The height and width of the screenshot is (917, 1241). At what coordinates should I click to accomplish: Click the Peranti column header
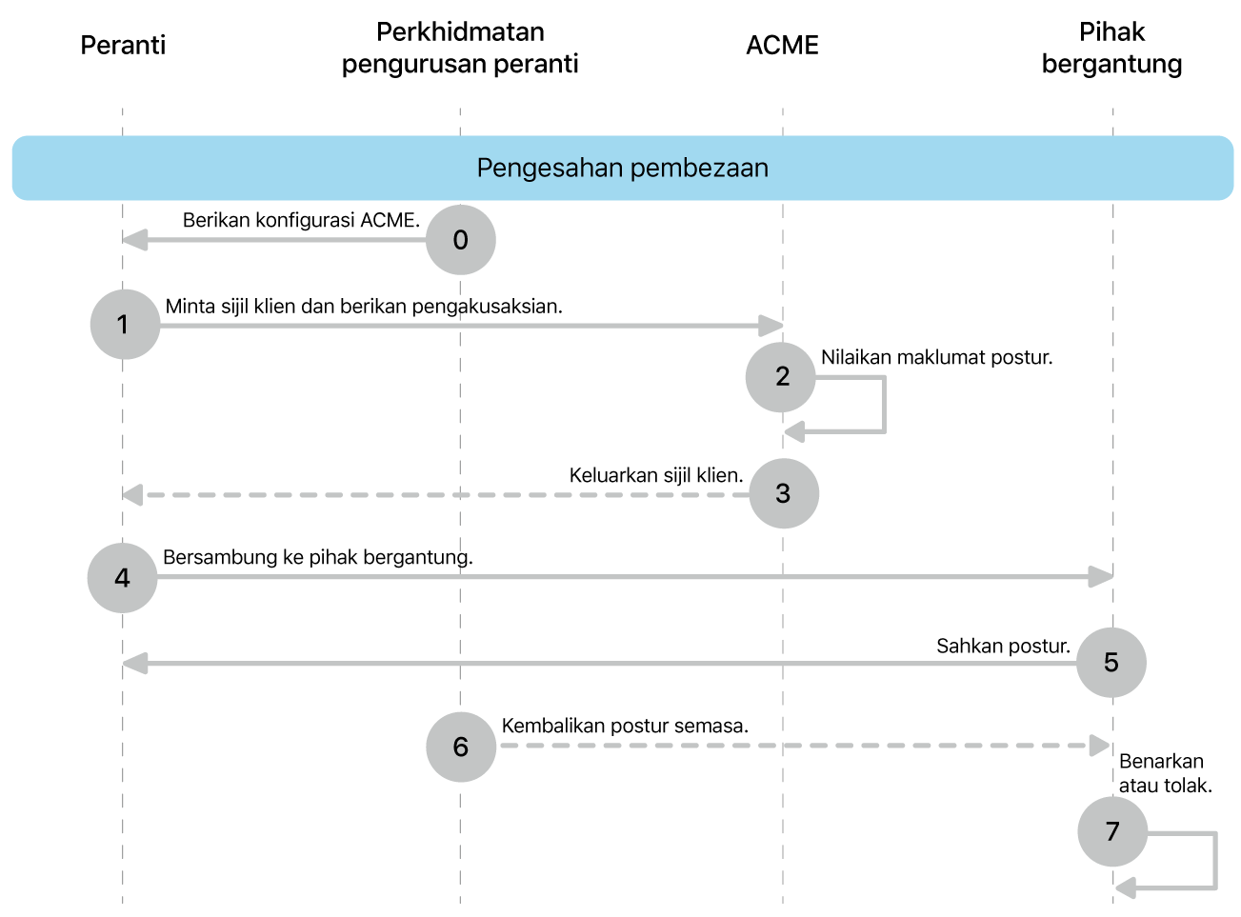(x=123, y=46)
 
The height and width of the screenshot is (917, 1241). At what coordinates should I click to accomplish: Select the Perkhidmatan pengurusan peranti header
(x=460, y=48)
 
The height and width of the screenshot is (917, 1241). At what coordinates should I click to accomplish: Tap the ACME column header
(x=782, y=46)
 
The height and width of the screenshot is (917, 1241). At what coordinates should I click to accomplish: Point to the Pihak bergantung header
(x=1111, y=48)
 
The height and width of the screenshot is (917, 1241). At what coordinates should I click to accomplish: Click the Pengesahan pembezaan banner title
(x=622, y=168)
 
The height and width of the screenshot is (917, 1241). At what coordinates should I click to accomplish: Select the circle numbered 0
(x=461, y=240)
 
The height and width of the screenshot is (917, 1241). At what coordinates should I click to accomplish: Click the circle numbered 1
(x=125, y=325)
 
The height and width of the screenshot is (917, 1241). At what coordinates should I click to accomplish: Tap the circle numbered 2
(x=781, y=377)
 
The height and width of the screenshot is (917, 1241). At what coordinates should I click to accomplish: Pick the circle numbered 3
(x=784, y=493)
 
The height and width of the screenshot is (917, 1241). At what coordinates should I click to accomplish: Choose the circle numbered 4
(x=122, y=578)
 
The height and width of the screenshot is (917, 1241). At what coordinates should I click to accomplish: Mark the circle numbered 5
(x=1111, y=663)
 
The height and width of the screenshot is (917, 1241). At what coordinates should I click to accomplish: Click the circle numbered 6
(x=461, y=748)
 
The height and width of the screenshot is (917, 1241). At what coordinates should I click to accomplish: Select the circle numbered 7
(x=1112, y=831)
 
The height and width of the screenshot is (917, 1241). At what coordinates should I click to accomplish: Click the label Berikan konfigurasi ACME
(x=301, y=220)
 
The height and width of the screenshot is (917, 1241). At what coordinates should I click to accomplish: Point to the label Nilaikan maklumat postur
(x=936, y=358)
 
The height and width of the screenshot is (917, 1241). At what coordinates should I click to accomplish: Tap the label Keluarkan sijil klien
(x=655, y=475)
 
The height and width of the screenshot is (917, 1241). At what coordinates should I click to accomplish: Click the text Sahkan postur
(x=1003, y=646)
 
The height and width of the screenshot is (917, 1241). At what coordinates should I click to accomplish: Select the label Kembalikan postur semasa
(x=625, y=726)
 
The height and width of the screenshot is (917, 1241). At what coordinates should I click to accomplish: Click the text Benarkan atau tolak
(x=1165, y=773)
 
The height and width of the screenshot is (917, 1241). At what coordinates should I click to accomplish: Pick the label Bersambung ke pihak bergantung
(x=317, y=557)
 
